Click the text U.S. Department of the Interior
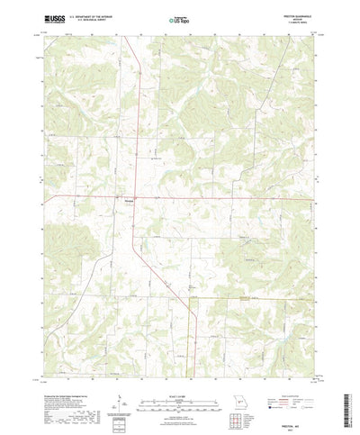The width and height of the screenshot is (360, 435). coord(99,14)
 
